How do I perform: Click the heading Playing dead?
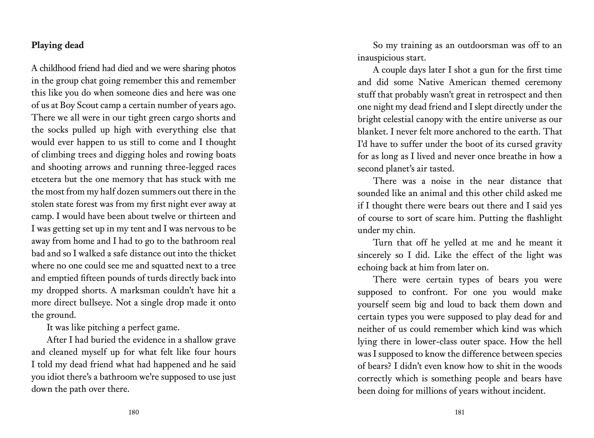57,45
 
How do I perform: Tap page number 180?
134,412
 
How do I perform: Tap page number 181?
460,412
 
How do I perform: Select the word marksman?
141,291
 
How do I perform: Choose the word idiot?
54,377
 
